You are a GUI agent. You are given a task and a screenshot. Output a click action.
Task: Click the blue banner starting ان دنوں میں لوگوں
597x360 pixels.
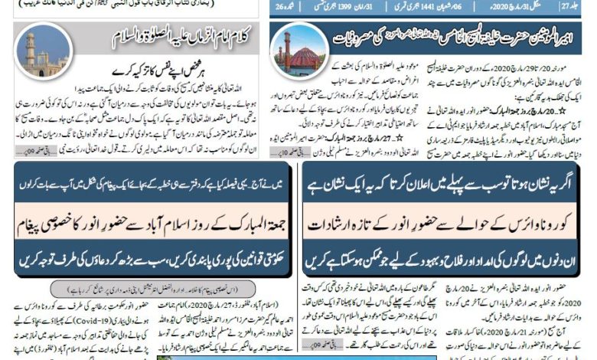449,261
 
